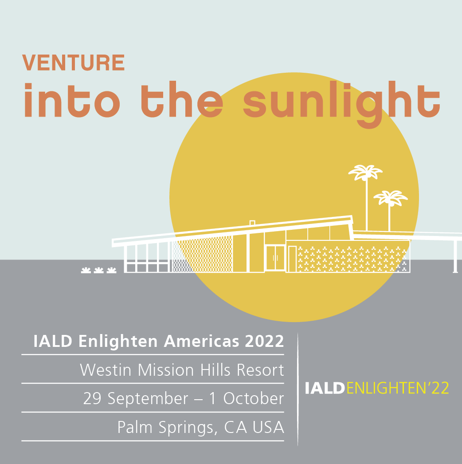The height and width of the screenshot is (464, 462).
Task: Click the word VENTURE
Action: coord(73,63)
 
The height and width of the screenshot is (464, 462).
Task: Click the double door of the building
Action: coord(275,258)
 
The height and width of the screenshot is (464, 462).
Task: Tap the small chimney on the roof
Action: coord(252,223)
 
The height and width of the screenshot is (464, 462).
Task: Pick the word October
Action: coord(253,399)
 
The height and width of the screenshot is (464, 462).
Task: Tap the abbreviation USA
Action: coord(268,427)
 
